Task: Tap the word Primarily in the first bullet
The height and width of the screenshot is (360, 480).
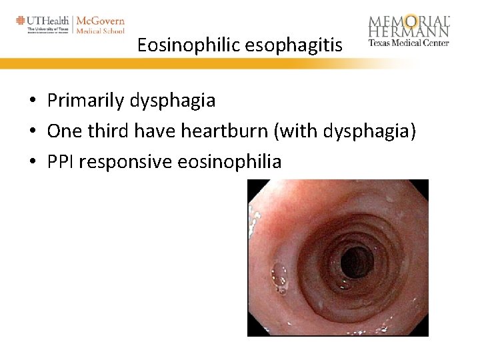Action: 85,101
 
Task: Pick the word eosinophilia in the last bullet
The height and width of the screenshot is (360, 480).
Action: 229,161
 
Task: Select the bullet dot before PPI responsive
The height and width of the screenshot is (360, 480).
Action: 32,163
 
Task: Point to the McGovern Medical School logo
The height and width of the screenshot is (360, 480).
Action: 100,25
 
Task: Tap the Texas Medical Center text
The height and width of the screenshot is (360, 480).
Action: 409,43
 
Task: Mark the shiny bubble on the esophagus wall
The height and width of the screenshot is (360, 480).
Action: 279,273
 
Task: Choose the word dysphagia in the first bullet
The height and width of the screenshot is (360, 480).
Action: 173,101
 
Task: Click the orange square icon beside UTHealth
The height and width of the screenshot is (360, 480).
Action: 21,20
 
